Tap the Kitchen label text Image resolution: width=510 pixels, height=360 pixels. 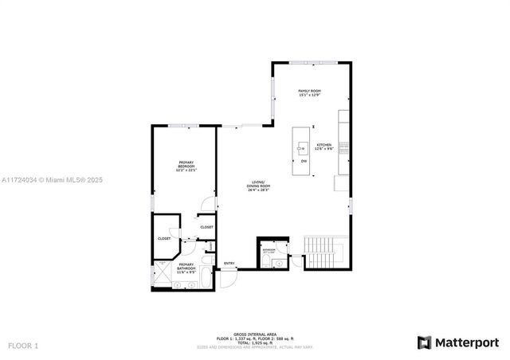click(x=323, y=147)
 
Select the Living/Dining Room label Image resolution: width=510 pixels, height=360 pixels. click(x=258, y=186)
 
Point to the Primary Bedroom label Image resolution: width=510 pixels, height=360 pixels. click(x=186, y=166)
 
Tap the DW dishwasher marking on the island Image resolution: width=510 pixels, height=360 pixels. click(x=304, y=162)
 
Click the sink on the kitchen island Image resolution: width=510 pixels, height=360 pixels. click(x=303, y=147)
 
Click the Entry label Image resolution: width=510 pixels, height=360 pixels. click(x=229, y=264)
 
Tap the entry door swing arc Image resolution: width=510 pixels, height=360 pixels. click(x=229, y=276)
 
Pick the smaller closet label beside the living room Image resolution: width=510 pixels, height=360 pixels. click(x=206, y=227)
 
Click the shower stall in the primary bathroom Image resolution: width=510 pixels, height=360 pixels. click(x=163, y=275)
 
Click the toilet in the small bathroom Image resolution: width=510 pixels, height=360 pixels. click(x=265, y=260)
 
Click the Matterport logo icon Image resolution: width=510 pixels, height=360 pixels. click(x=425, y=342)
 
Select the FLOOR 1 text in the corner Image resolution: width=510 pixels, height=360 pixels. click(x=23, y=346)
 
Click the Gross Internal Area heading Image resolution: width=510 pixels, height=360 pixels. click(x=254, y=334)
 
